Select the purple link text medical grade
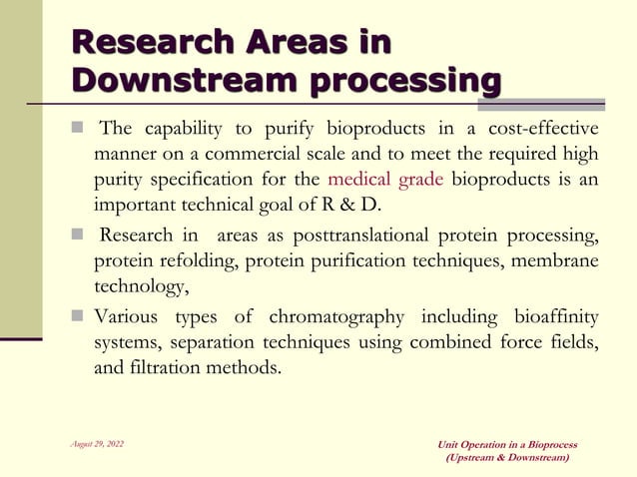(385, 181)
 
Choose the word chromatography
(336, 317)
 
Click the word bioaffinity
(556, 317)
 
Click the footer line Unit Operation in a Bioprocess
(507, 444)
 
